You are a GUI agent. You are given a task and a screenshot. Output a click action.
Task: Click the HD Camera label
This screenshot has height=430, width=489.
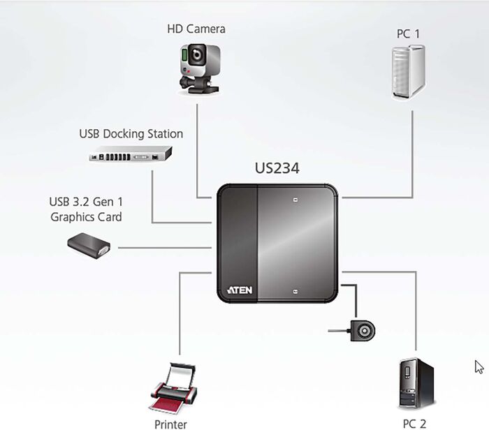pos(196,29)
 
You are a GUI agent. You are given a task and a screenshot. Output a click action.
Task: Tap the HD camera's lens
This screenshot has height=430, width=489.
pos(198,54)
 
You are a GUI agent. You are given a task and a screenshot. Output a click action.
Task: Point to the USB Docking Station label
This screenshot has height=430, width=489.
pos(131,133)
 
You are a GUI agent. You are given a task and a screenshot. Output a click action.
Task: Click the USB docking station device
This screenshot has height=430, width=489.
pos(131,155)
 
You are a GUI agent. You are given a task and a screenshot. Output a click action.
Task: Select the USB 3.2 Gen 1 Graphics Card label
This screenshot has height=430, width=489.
pos(86,209)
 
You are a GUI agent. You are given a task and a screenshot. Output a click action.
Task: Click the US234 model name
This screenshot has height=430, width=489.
pos(277,169)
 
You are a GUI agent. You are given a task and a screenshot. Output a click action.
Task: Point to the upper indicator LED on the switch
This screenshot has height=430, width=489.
pos(295,201)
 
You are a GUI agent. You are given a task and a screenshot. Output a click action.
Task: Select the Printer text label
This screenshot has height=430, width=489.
pos(170,424)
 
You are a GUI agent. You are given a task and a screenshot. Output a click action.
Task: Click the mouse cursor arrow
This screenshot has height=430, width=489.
pos(479,367)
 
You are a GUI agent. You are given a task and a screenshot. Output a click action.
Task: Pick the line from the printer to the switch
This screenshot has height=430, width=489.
pos(180,314)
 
